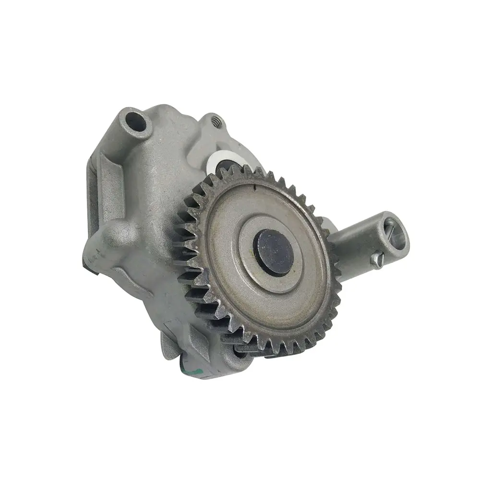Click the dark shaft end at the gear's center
(272, 252)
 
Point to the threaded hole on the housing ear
(215, 122)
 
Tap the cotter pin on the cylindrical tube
(376, 260)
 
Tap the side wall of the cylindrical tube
(355, 240)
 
